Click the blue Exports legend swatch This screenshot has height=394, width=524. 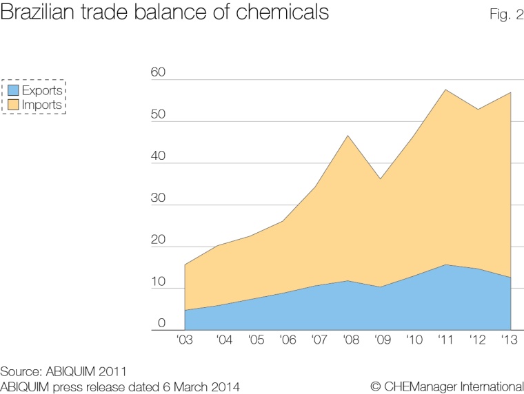pos(12,90)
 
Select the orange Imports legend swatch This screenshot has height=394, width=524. pos(12,105)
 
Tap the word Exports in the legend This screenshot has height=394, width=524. pos(42,90)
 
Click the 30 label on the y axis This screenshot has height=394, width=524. pos(159,198)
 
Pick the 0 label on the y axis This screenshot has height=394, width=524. pos(161,323)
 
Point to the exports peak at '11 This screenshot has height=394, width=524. pos(446,265)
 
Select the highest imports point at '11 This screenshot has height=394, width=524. pos(446,90)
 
